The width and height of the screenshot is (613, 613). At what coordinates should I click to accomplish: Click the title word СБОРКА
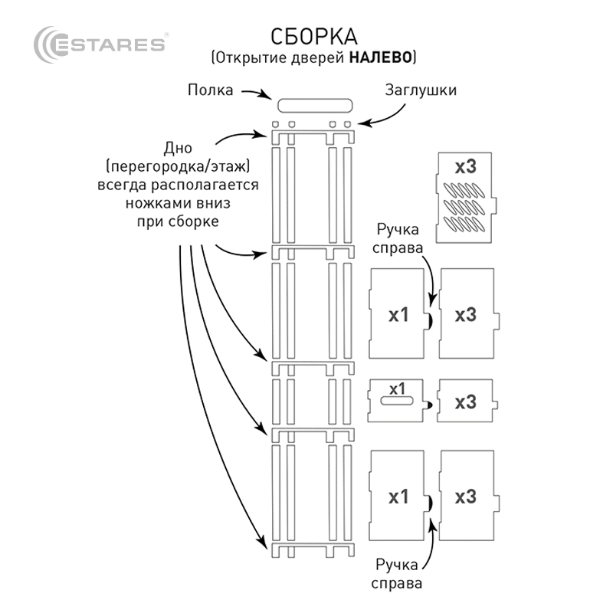coord(313,36)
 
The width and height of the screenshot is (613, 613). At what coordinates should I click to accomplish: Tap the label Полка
coord(211,90)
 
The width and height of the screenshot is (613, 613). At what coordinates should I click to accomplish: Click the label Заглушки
coord(421,90)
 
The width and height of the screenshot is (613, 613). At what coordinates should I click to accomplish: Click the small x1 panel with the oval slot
coord(397,398)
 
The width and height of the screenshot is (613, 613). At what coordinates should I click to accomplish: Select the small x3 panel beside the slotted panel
coord(466,401)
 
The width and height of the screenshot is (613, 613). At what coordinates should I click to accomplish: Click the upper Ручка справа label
coord(397,238)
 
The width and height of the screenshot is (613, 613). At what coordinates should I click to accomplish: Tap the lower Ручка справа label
coord(397,574)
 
